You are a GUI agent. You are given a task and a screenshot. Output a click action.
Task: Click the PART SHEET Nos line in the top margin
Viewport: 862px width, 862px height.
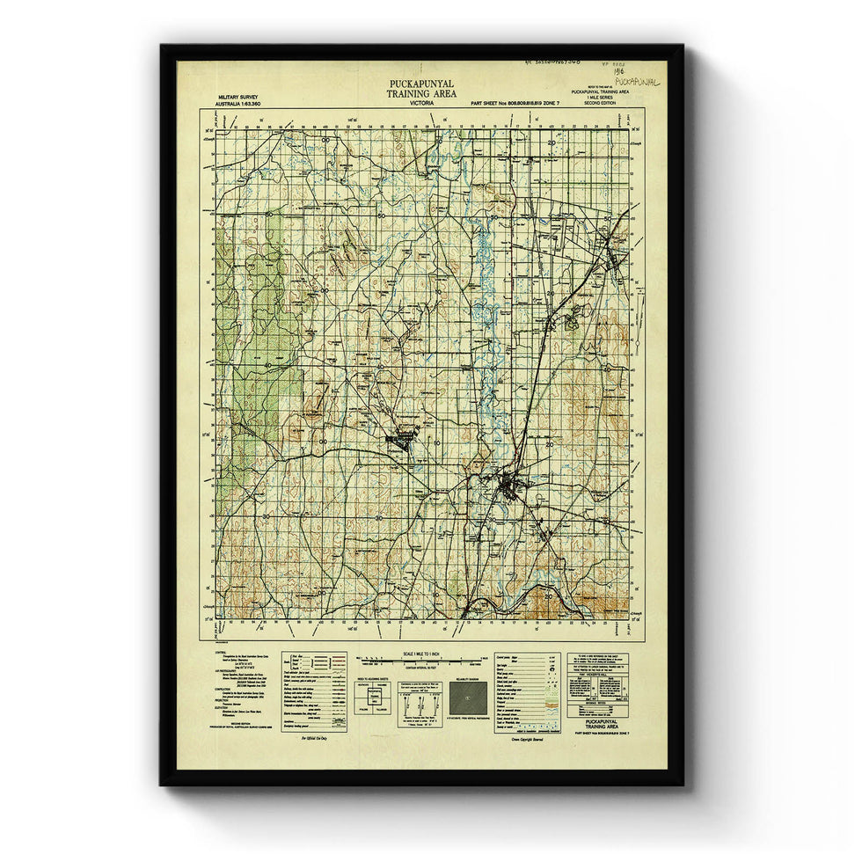click(515, 104)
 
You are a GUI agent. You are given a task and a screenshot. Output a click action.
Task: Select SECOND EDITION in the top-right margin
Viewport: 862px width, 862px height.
click(600, 104)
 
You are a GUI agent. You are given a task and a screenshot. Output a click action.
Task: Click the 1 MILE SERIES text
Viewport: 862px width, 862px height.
click(600, 98)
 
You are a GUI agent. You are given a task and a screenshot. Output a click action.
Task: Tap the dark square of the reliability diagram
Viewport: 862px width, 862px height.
click(466, 700)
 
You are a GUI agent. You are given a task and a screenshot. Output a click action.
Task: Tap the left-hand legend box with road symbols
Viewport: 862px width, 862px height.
click(314, 691)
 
